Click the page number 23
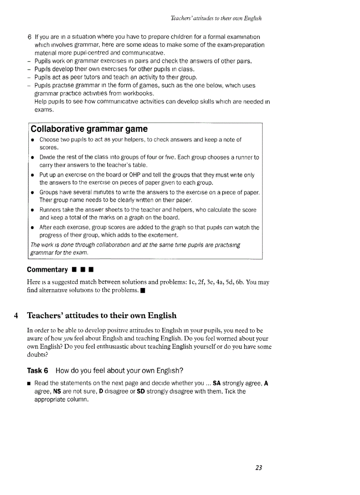point(259,468)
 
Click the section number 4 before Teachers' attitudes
point(16,316)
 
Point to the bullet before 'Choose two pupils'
point(33,140)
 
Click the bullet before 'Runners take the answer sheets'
point(33,210)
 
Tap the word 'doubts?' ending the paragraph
point(38,354)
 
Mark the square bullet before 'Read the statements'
point(29,383)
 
